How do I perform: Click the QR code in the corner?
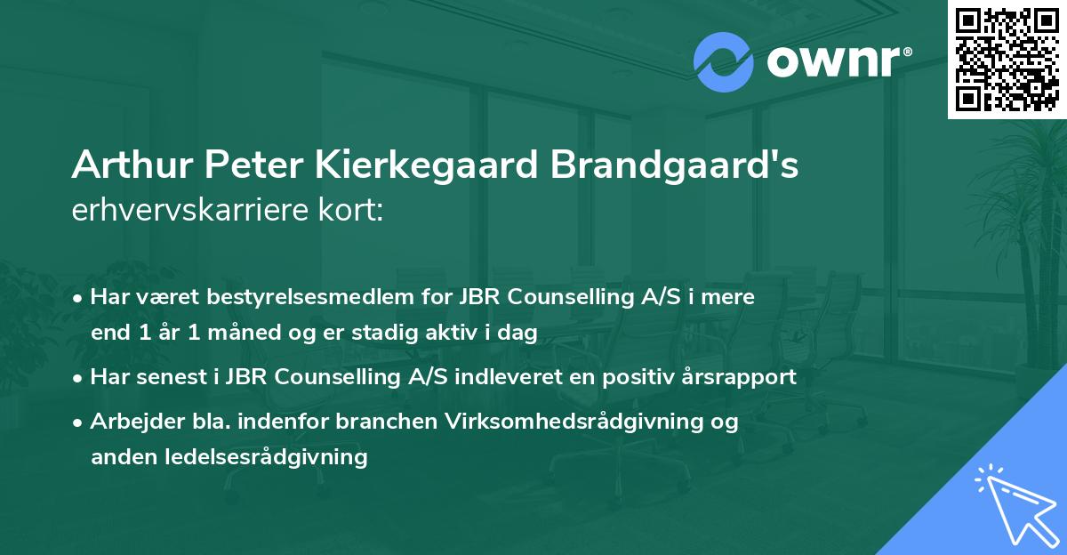tap(1006, 60)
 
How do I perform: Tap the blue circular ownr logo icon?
tap(724, 61)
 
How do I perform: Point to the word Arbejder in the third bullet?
tap(129, 421)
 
